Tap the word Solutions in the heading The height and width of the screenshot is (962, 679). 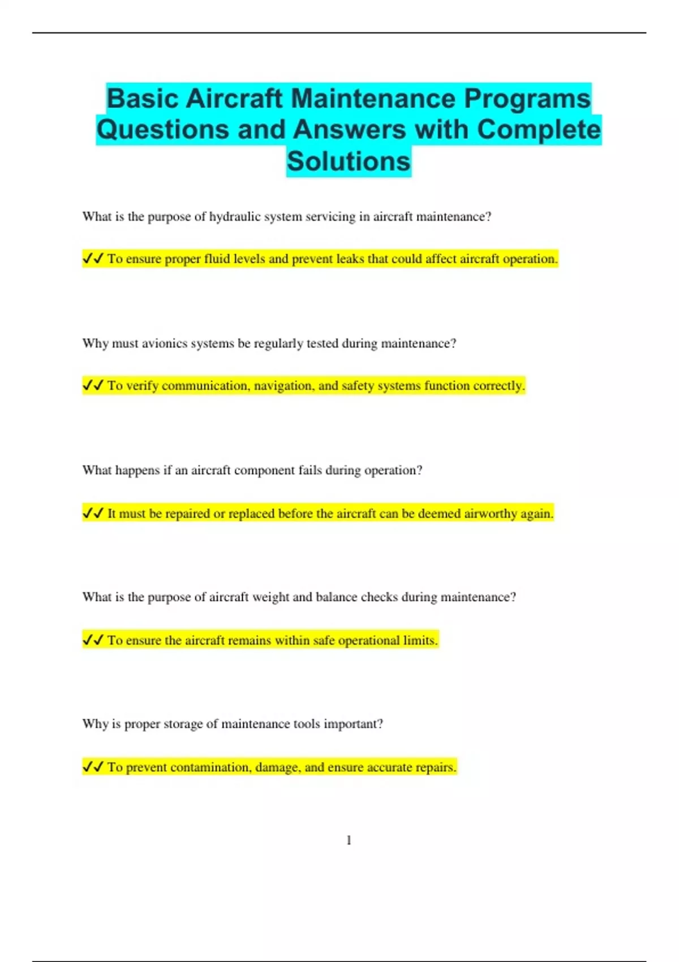coord(349,161)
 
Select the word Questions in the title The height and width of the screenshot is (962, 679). coord(162,130)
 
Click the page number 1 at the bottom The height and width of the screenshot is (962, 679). coord(349,840)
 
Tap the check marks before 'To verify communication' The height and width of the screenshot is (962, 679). coord(93,386)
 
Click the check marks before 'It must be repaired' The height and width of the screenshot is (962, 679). coord(93,514)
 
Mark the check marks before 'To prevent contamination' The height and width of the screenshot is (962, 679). coord(93,767)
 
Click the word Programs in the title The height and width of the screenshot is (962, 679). coord(527,98)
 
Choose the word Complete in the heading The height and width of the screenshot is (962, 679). coord(539,130)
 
